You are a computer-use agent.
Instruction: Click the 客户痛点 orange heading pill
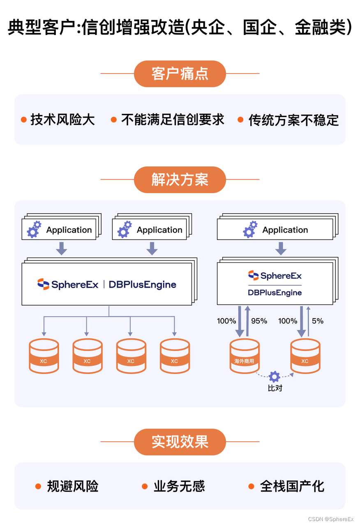click(x=180, y=74)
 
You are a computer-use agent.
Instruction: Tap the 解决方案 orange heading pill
click(x=180, y=180)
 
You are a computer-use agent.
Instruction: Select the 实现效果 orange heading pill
click(x=180, y=442)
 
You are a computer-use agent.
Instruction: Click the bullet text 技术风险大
click(x=62, y=120)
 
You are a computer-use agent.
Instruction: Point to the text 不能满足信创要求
click(x=173, y=120)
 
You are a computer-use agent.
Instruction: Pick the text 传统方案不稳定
click(x=293, y=120)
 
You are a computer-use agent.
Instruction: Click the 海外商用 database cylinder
click(x=245, y=356)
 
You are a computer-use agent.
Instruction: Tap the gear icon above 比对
click(x=275, y=376)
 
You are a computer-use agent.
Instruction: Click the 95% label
click(x=259, y=321)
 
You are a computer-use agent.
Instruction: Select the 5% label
click(x=317, y=321)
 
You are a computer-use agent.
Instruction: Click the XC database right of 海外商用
click(x=305, y=356)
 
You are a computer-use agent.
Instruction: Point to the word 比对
click(x=275, y=388)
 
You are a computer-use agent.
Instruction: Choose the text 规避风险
click(x=73, y=487)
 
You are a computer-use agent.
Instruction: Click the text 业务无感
click(x=179, y=487)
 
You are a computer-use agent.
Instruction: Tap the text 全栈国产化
click(x=292, y=487)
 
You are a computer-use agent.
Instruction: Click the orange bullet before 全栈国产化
click(x=252, y=487)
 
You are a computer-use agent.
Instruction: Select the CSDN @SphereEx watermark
click(x=331, y=519)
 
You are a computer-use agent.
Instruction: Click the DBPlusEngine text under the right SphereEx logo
click(x=275, y=293)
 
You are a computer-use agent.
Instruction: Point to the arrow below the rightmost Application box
click(x=281, y=248)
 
